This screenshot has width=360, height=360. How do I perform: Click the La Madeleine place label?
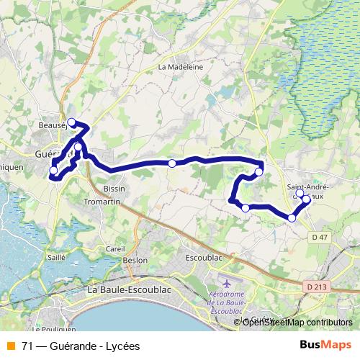tap(181, 66)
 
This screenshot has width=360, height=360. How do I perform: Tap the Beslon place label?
tap(135, 260)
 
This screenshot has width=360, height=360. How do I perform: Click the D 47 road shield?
tap(320, 237)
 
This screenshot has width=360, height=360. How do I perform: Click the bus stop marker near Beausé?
tap(71, 122)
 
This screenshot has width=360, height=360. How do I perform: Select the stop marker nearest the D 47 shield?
tap(292, 217)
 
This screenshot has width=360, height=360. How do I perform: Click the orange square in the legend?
tap(11, 346)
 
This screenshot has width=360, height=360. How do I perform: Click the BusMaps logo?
tap(327, 346)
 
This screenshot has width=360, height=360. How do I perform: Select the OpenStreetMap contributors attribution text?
tap(297, 323)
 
